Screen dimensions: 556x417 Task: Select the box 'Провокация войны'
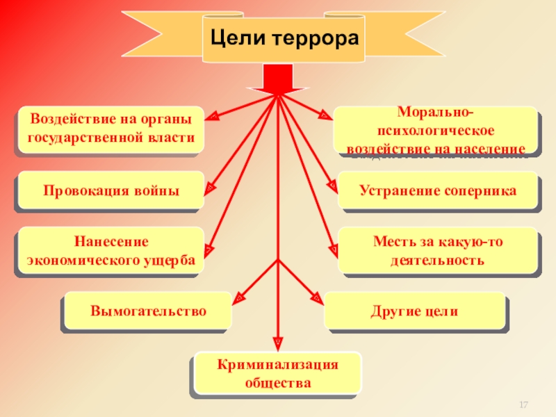click(x=111, y=190)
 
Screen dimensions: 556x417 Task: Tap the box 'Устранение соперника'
click(x=438, y=190)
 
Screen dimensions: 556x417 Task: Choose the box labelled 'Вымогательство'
click(x=148, y=310)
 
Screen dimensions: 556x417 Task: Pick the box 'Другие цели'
click(x=414, y=310)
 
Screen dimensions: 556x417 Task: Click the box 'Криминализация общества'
click(x=277, y=374)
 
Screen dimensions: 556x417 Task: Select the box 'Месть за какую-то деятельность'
click(x=438, y=251)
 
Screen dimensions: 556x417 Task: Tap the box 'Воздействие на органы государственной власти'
click(x=111, y=129)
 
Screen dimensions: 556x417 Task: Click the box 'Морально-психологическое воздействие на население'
click(x=436, y=129)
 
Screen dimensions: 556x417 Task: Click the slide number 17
click(x=525, y=404)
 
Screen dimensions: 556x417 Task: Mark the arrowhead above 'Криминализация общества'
click(x=278, y=343)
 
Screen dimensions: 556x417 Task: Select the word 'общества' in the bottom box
click(x=278, y=382)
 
